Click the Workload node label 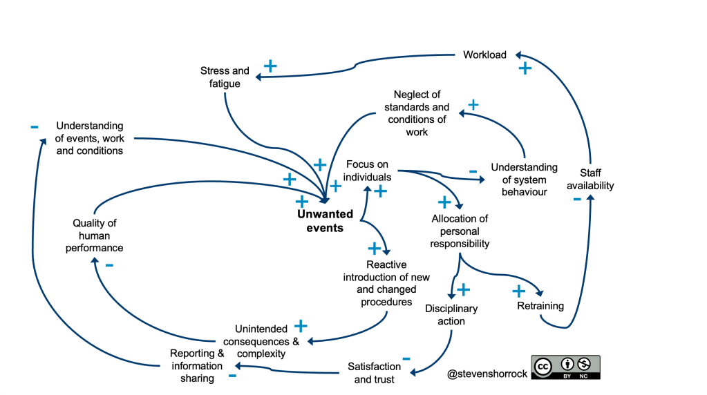[x=484, y=55]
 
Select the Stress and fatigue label [x=225, y=77]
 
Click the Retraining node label [x=540, y=306]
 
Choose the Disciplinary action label [x=451, y=315]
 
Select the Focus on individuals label [x=368, y=171]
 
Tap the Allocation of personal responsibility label [x=460, y=231]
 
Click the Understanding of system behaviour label [x=525, y=180]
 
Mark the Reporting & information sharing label [x=197, y=366]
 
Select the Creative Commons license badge [x=565, y=367]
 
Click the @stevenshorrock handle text [x=486, y=374]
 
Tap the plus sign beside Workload [x=525, y=68]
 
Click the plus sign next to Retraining [x=518, y=291]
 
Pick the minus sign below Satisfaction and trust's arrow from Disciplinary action [x=406, y=358]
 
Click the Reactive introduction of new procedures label [x=386, y=283]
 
